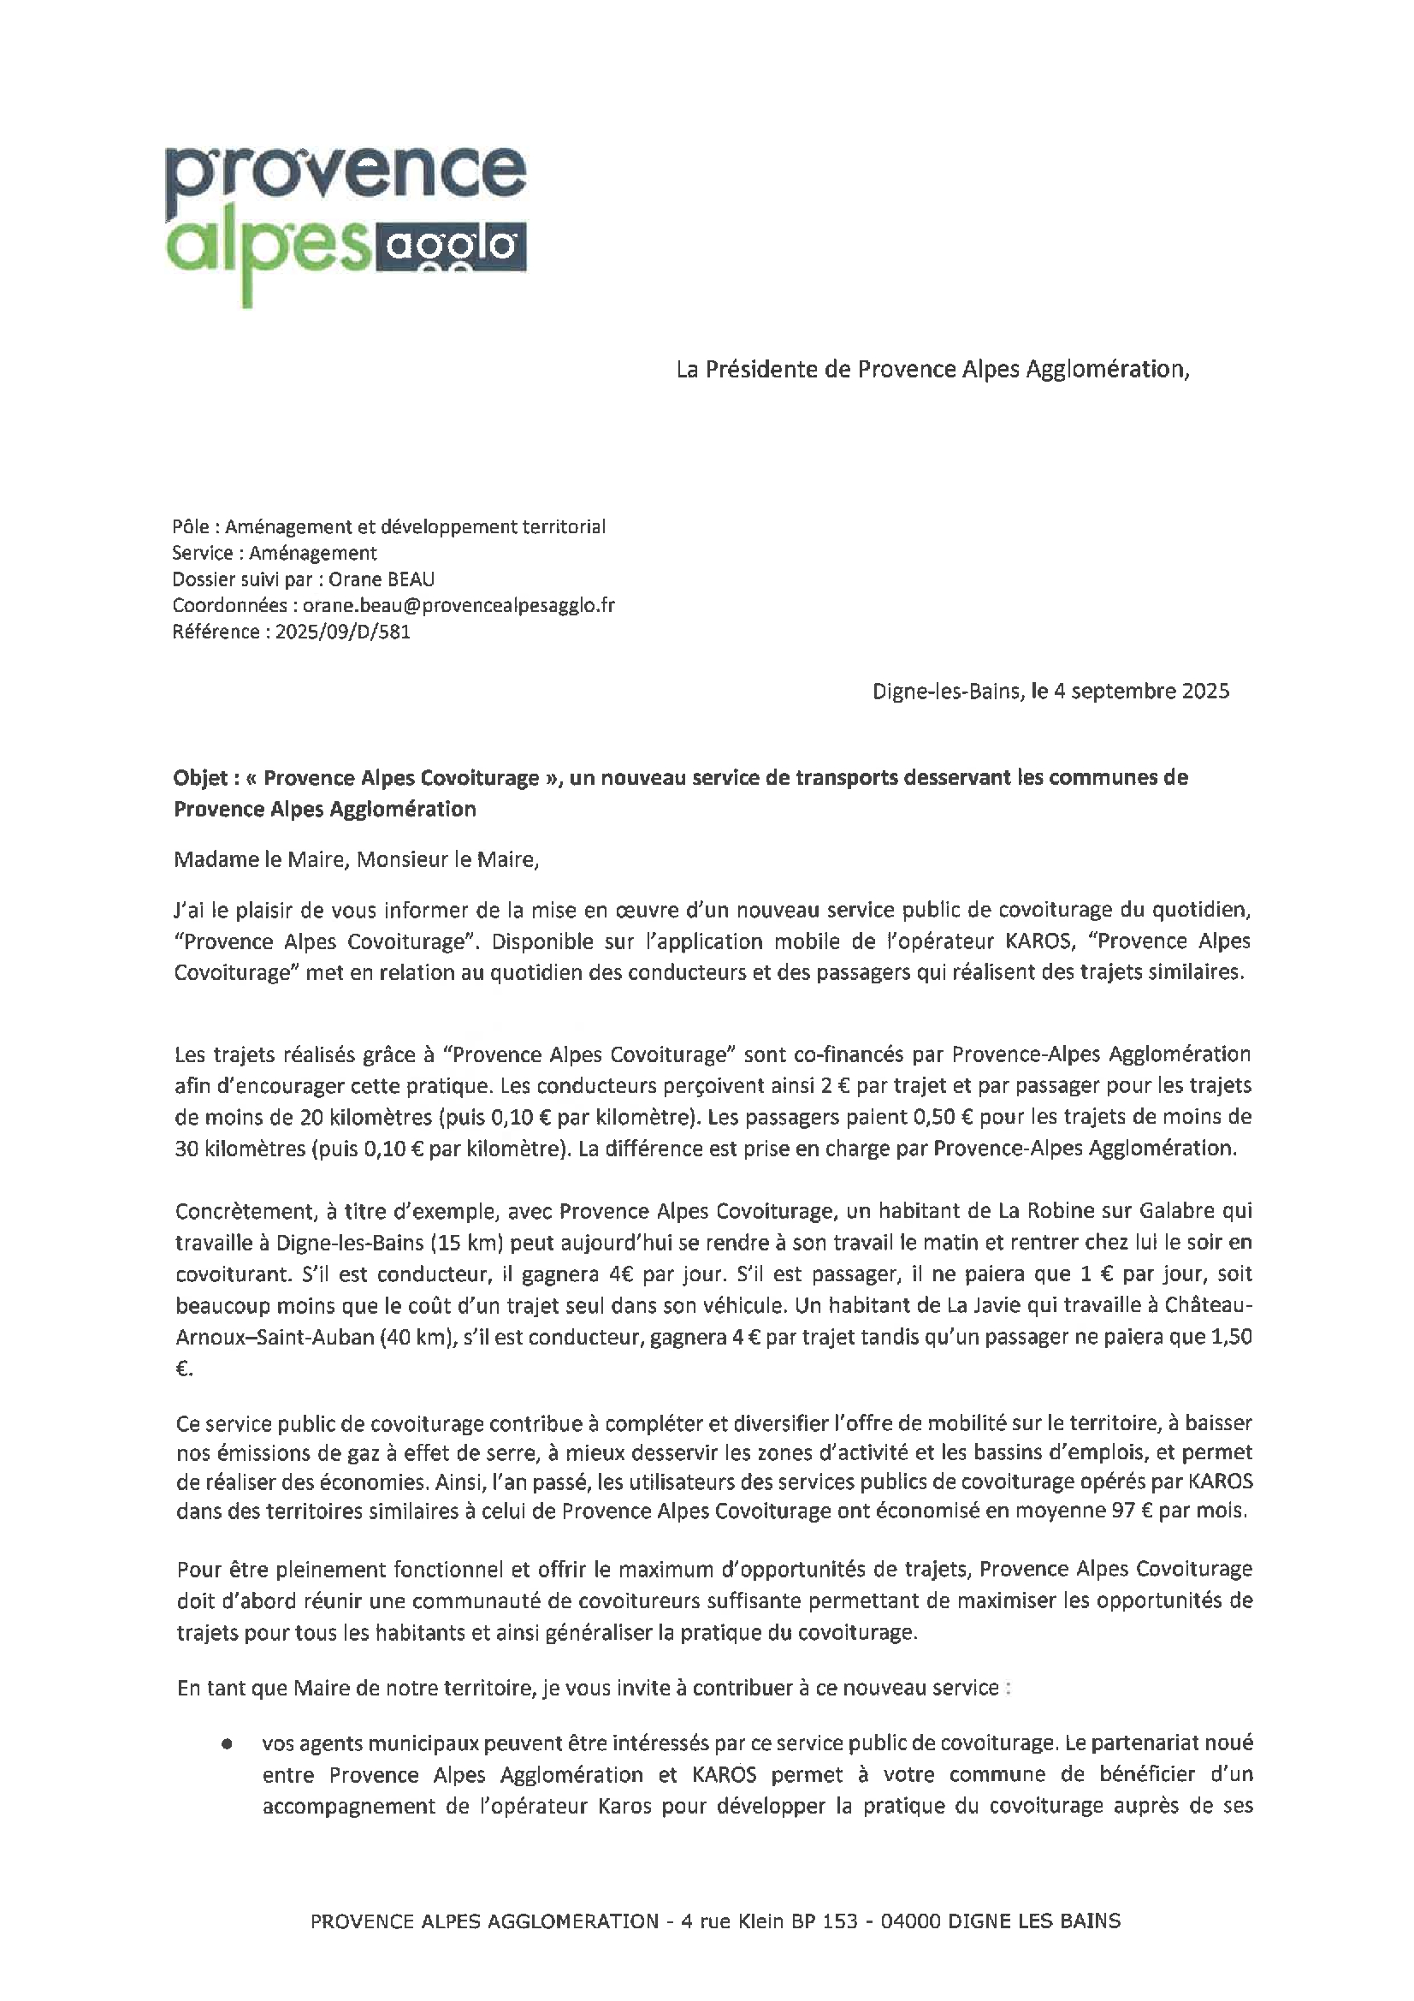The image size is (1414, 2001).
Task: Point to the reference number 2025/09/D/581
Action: (x=342, y=632)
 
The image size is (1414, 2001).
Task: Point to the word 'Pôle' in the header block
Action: (x=191, y=526)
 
